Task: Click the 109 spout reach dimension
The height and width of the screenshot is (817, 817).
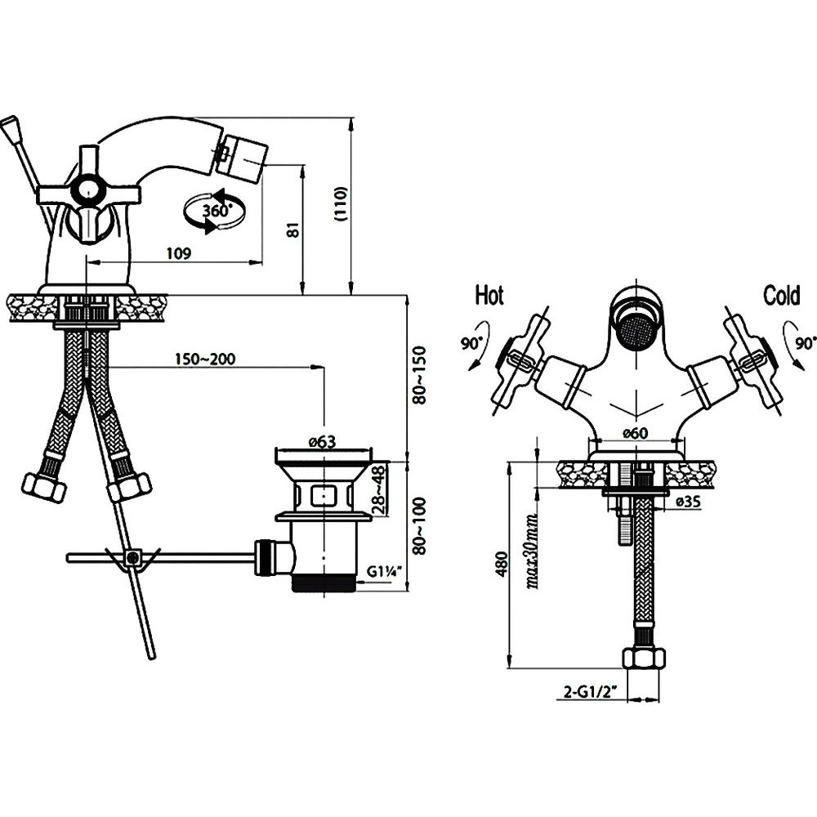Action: pos(179,254)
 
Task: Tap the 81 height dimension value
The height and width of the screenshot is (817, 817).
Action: pos(295,230)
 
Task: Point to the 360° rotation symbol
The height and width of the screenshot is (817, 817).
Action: pos(214,211)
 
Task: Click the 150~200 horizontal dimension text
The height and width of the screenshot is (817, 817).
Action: pos(205,359)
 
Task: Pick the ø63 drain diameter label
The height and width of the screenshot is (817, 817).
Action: pos(322,442)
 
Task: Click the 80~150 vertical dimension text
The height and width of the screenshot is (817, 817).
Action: pos(418,375)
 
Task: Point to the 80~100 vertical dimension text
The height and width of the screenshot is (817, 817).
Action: pos(418,526)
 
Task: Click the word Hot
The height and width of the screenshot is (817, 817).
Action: pos(489,296)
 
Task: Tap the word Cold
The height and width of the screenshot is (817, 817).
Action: pos(782,296)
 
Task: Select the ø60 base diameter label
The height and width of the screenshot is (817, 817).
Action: pos(636,433)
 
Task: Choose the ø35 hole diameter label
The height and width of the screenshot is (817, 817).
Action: pos(688,502)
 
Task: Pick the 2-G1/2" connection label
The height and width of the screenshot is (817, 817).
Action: pos(591,693)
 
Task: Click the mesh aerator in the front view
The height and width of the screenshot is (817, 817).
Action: pos(635,330)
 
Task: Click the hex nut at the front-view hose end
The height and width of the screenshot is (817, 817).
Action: pos(644,659)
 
